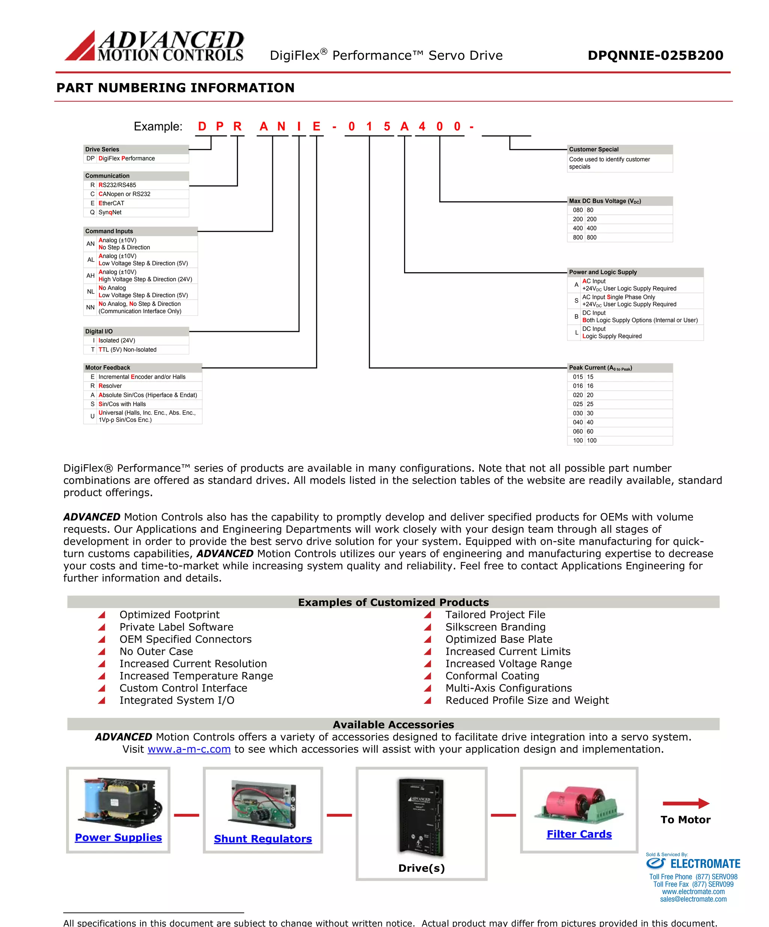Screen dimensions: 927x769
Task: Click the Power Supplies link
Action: pyautogui.click(x=118, y=837)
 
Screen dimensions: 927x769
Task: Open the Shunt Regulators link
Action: pyautogui.click(x=263, y=839)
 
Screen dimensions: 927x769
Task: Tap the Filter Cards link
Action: pyautogui.click(x=579, y=834)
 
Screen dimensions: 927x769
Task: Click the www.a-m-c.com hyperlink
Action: pyautogui.click(x=189, y=749)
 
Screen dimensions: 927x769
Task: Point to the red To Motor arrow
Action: pyautogui.click(x=686, y=803)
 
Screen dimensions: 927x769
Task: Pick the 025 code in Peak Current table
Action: pyautogui.click(x=578, y=404)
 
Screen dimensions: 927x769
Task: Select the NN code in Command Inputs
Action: pyautogui.click(x=90, y=307)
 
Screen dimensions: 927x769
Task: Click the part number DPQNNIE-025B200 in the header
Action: pyautogui.click(x=655, y=55)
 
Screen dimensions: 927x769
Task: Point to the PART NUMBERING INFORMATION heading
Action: pyautogui.click(x=175, y=88)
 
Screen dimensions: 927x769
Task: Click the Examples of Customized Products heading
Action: pyautogui.click(x=393, y=602)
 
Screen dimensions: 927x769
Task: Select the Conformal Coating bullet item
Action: pyautogui.click(x=492, y=676)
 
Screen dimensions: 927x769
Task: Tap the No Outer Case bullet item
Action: pyautogui.click(x=156, y=651)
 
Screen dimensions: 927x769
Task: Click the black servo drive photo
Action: pyautogui.click(x=421, y=817)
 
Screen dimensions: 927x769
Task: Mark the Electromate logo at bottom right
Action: pyautogui.click(x=693, y=864)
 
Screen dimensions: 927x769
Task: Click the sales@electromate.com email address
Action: pyautogui.click(x=693, y=899)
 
